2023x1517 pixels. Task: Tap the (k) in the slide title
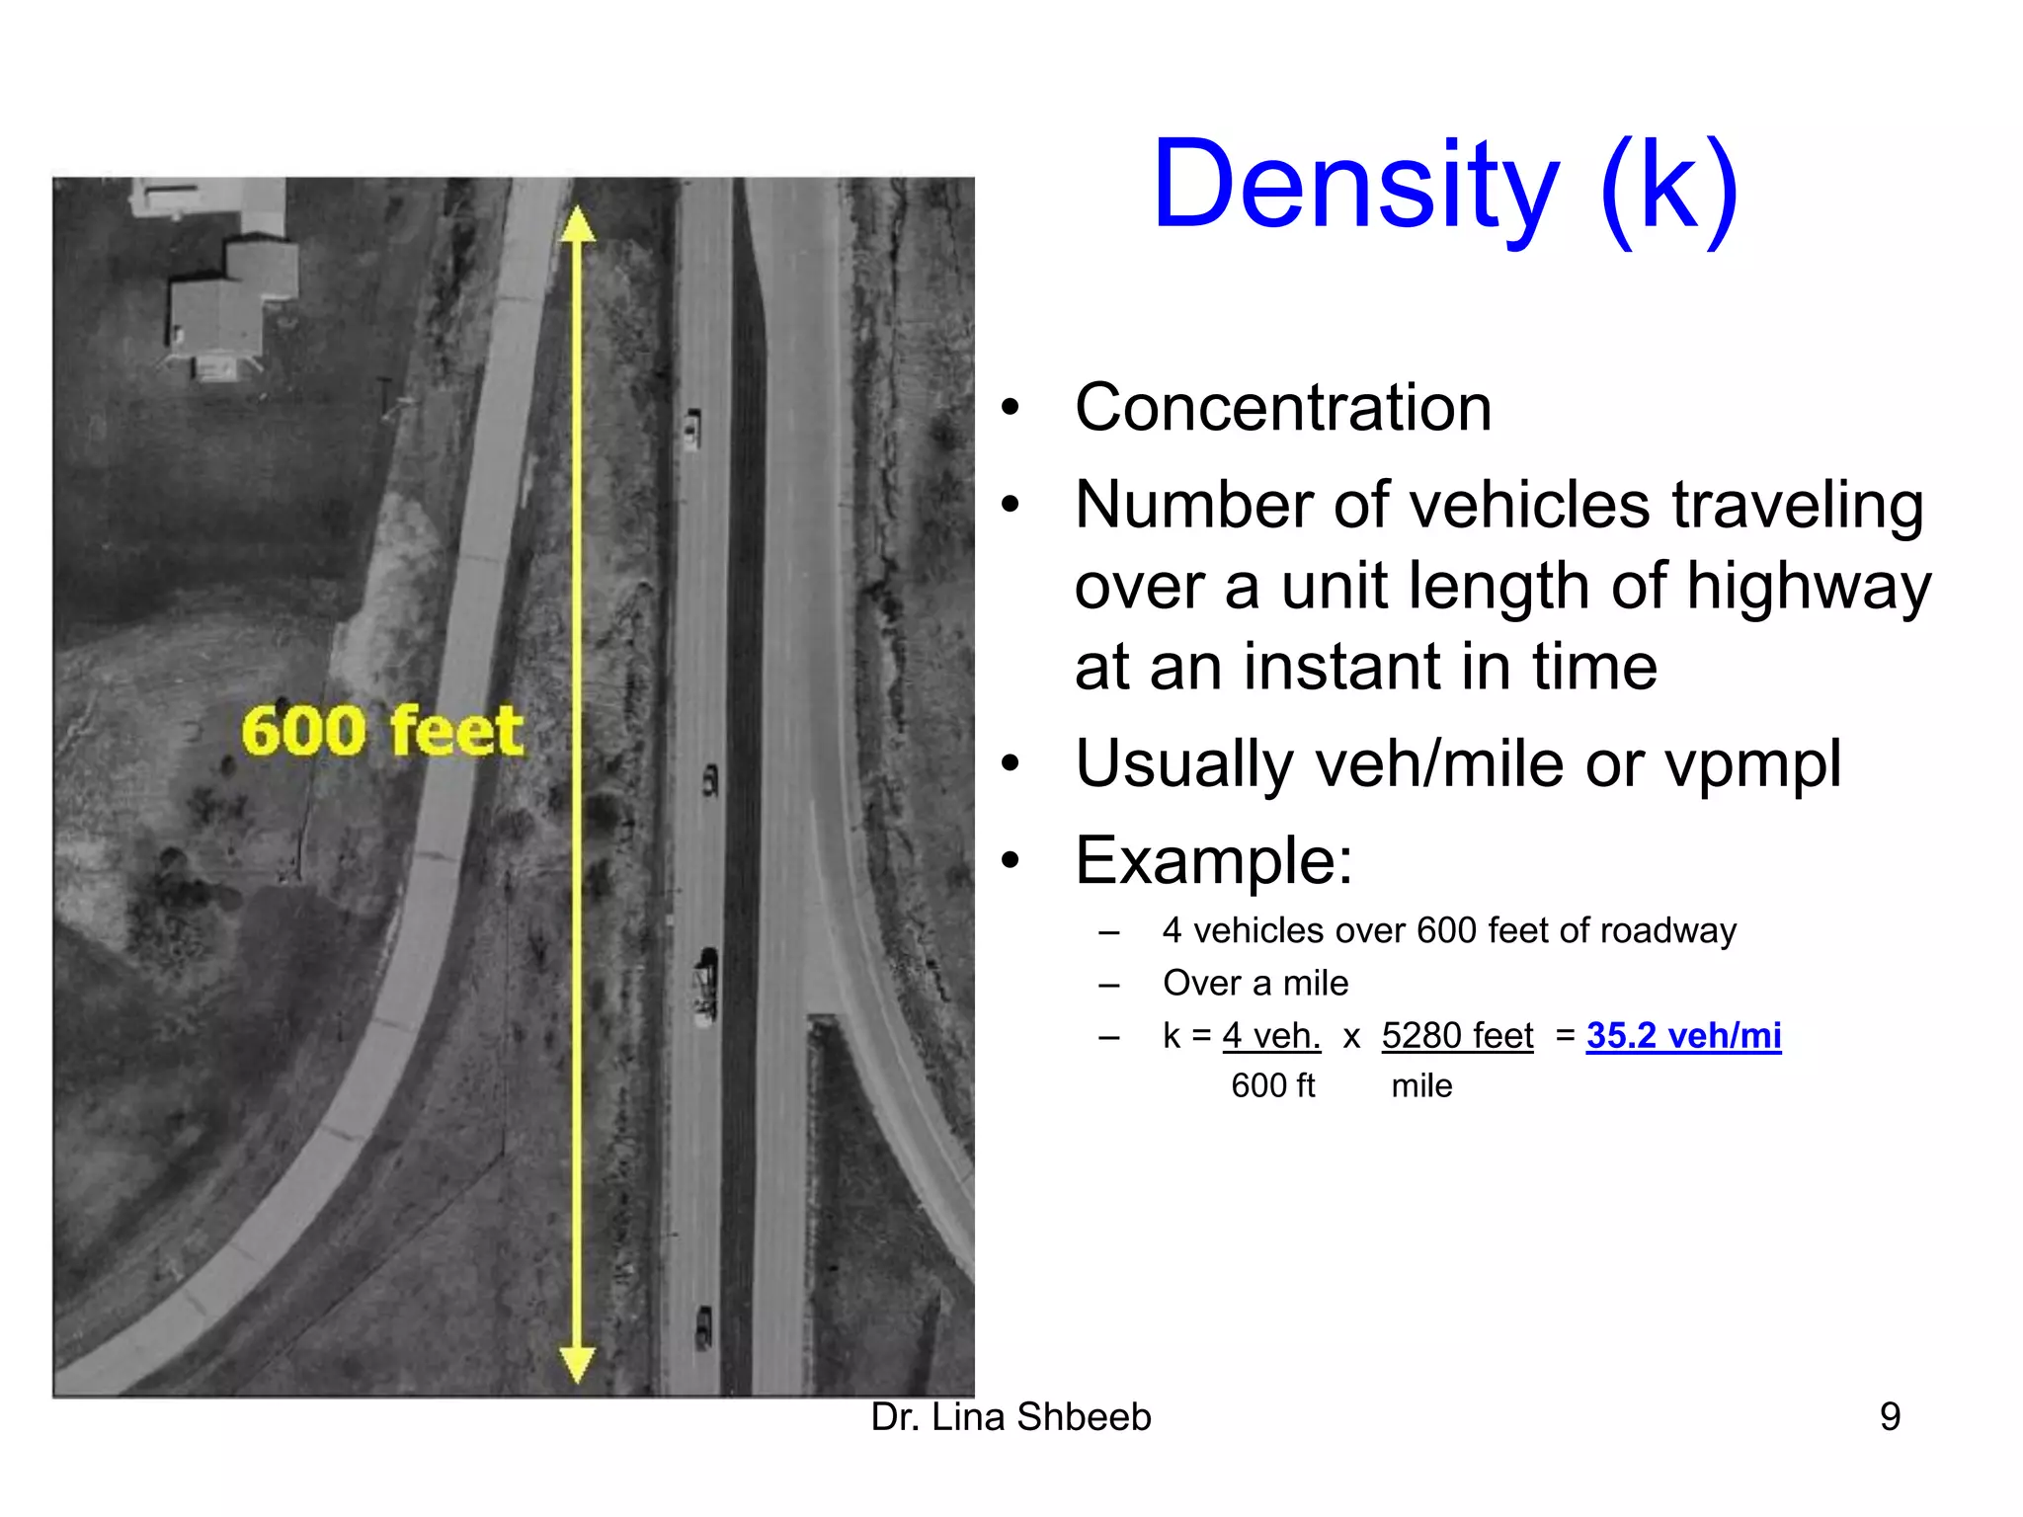[1669, 190]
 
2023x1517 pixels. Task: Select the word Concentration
[1282, 408]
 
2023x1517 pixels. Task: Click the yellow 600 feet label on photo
[381, 731]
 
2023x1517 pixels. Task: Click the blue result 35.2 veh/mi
[1683, 1035]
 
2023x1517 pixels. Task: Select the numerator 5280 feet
[1457, 1035]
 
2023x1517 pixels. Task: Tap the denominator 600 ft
[1272, 1085]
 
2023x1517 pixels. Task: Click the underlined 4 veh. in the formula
[1271, 1035]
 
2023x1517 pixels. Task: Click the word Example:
[1213, 860]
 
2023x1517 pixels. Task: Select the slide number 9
[1889, 1417]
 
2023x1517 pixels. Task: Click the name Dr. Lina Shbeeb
[1011, 1417]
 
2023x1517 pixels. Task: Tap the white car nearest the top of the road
[692, 429]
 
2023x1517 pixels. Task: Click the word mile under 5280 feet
[1421, 1085]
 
